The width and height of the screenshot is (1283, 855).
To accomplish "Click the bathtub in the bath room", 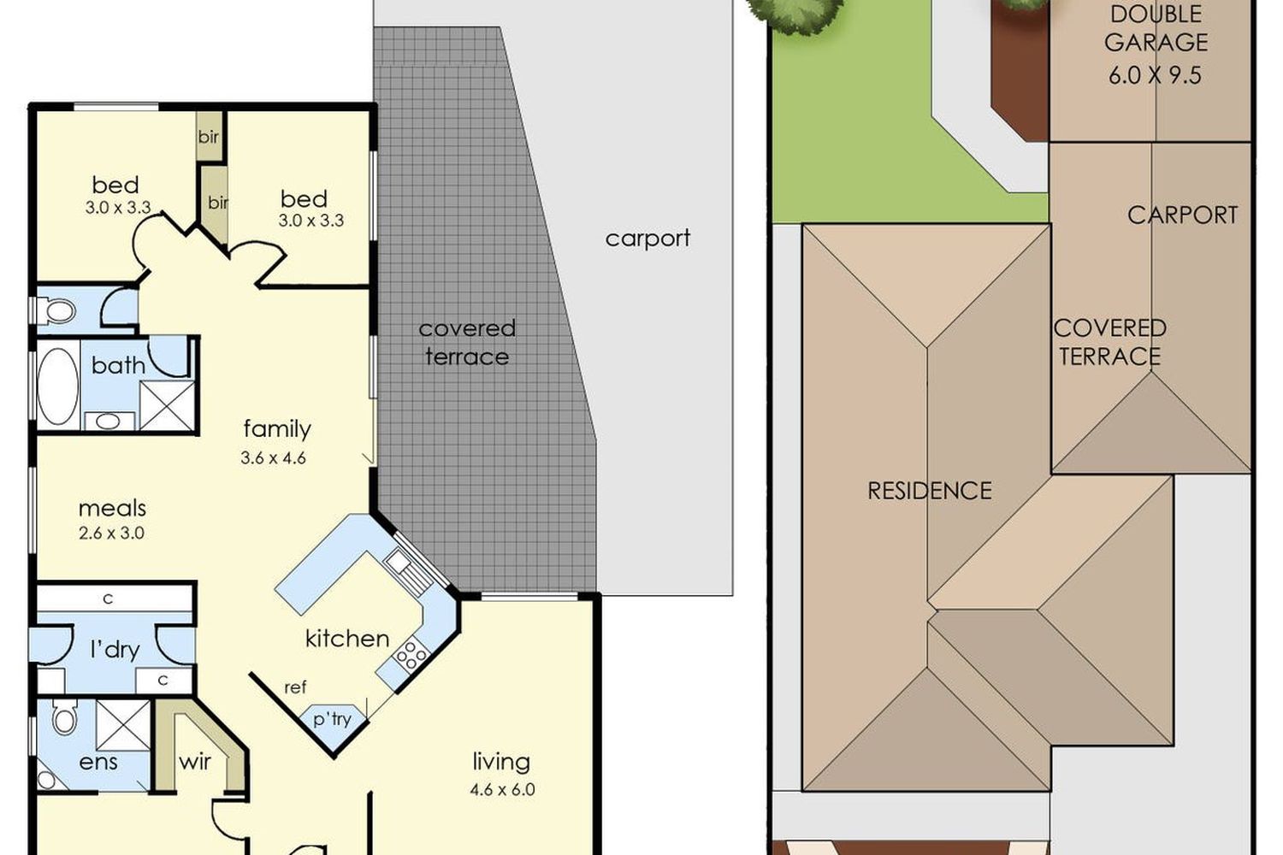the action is [x=58, y=386].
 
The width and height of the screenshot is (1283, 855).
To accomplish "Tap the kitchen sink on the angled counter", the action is [x=409, y=570].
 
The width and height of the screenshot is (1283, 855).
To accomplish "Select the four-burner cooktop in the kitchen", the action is [x=411, y=654].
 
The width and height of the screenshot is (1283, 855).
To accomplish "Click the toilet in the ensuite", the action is [x=64, y=716].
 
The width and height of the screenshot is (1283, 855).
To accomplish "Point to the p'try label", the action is [x=332, y=719].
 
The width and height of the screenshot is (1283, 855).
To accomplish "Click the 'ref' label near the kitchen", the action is [x=295, y=687].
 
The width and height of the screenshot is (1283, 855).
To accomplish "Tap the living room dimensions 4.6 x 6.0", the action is [x=502, y=790].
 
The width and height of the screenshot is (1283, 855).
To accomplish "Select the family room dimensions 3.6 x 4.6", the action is [x=273, y=457].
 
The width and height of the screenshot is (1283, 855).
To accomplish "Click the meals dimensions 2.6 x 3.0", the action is [x=111, y=534].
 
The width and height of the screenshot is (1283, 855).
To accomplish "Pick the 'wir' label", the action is [x=195, y=762].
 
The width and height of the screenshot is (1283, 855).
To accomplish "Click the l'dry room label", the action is [x=115, y=650].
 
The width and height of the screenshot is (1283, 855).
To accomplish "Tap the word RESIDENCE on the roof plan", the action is [x=930, y=491].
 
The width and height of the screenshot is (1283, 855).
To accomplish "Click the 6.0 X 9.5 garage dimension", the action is [x=1155, y=75].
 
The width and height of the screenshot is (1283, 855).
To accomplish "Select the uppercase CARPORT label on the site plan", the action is [x=1182, y=215].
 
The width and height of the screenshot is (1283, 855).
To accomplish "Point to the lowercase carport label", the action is [x=647, y=239].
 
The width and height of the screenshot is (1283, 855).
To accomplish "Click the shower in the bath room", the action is [x=168, y=405].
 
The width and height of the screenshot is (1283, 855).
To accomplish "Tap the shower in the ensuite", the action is [x=122, y=724].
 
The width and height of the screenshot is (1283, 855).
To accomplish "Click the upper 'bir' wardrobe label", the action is [x=209, y=137].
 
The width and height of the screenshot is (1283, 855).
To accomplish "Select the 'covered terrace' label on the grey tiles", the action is [x=467, y=343].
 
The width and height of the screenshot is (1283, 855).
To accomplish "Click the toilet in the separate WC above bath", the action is [x=57, y=311].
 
